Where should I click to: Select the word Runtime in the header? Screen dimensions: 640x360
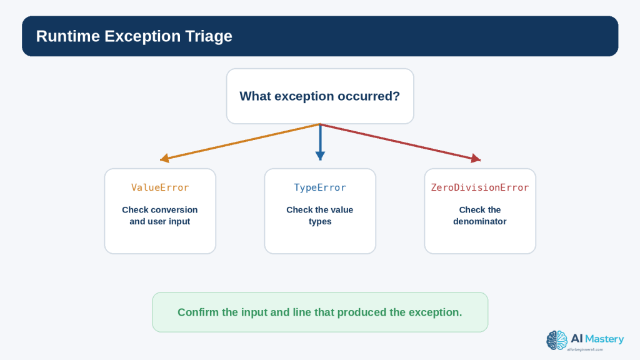click(67, 36)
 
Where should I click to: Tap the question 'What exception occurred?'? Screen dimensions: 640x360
click(319, 96)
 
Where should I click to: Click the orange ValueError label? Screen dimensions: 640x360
click(160, 187)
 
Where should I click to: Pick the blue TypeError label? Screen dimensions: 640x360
click(320, 187)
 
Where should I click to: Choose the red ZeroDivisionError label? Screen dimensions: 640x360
click(480, 187)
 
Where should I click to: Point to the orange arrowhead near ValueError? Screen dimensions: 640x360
click(164, 158)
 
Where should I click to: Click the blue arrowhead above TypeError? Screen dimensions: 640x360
click(320, 156)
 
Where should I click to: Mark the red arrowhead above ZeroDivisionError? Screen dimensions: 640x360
click(476, 158)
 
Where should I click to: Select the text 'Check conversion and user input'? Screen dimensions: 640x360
click(160, 216)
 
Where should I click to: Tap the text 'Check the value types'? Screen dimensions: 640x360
click(320, 216)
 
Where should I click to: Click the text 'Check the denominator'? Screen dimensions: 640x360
click(480, 216)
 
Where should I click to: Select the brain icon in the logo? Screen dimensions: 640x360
click(557, 341)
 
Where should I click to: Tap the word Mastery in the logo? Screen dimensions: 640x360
click(604, 339)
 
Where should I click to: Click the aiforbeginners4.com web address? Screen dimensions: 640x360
click(585, 349)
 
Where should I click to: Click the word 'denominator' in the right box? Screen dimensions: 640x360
click(480, 221)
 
